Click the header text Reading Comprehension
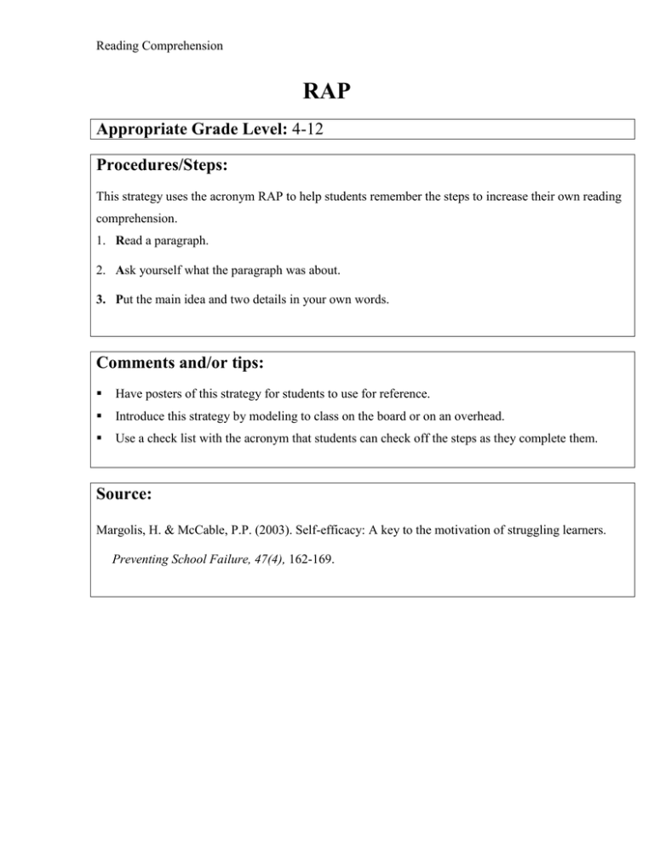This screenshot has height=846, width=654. pyautogui.click(x=159, y=46)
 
